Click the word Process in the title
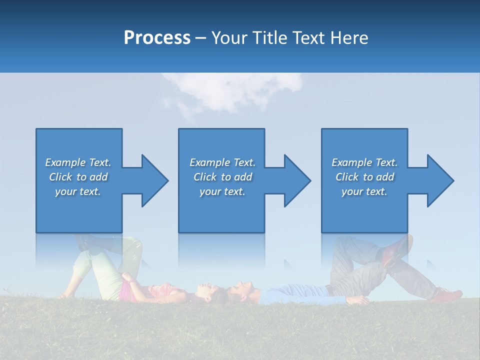click(x=157, y=38)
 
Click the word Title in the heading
click(x=270, y=38)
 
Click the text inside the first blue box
click(x=78, y=177)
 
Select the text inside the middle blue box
click(x=222, y=177)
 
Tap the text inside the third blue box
click(x=364, y=177)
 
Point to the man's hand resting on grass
click(x=359, y=300)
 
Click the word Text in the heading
click(x=309, y=38)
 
